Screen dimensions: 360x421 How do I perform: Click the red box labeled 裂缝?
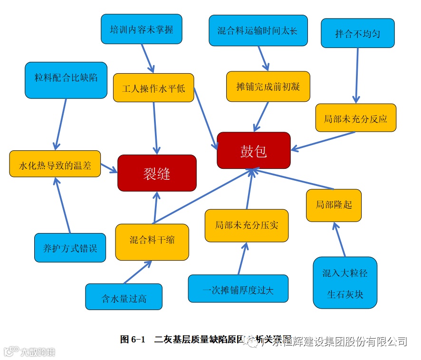point(157,173)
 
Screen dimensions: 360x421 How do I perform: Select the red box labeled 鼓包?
point(253,150)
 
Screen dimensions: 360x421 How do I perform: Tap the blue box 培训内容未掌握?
point(141,29)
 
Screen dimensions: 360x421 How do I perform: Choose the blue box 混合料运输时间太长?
point(258,30)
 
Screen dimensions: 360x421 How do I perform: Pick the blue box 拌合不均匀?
point(357,33)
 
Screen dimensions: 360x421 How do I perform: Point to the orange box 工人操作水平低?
point(153,88)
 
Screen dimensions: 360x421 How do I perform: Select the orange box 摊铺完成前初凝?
point(268,87)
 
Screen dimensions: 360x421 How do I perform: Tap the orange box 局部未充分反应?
point(355,118)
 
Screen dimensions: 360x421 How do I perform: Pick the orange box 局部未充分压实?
point(247,225)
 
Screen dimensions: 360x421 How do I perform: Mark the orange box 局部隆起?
point(334,205)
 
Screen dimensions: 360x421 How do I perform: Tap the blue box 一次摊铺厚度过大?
point(238,289)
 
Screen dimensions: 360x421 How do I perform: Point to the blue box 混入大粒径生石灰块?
point(345,283)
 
